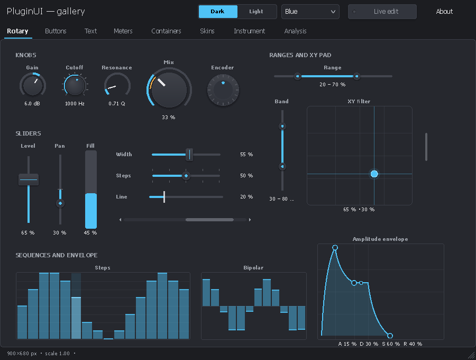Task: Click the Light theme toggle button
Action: click(x=256, y=12)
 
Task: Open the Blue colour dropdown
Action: click(x=310, y=12)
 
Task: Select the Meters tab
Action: click(x=123, y=31)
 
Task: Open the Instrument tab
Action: click(x=249, y=31)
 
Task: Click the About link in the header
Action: click(x=444, y=12)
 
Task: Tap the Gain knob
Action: click(x=33, y=85)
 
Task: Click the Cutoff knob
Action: click(x=75, y=85)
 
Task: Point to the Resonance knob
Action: click(x=117, y=86)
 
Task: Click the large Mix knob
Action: click(x=169, y=89)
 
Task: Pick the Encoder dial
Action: click(x=223, y=90)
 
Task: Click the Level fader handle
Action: click(x=29, y=179)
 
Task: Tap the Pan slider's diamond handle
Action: click(x=60, y=203)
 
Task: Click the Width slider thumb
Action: click(x=189, y=155)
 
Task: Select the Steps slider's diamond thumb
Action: click(x=186, y=176)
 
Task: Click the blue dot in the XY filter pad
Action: click(x=374, y=174)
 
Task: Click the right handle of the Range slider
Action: click(x=356, y=76)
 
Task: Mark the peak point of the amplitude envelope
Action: click(x=335, y=248)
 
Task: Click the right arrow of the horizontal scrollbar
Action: click(x=250, y=220)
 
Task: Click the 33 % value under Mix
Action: click(x=169, y=118)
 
